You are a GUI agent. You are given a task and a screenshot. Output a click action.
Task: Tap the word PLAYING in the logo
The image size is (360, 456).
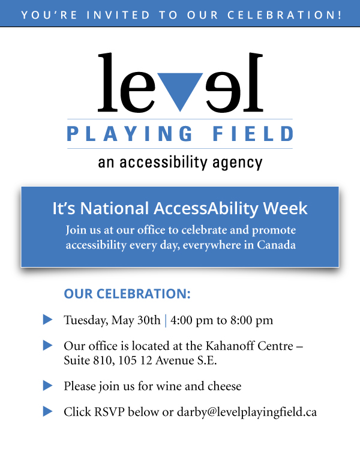point(130,134)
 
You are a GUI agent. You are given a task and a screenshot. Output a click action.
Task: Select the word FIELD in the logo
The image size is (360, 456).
point(253,134)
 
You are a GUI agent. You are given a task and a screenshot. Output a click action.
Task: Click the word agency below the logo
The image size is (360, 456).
point(237,163)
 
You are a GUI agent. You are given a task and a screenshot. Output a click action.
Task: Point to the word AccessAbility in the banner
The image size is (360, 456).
point(206,209)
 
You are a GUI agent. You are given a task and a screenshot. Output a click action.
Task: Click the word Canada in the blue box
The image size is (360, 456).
point(276,245)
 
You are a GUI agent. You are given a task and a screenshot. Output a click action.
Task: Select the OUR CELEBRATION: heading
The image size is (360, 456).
point(127,294)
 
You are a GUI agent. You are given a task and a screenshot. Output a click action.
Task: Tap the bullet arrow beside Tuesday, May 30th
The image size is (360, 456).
point(47,319)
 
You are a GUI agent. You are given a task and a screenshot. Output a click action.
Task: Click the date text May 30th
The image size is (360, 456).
point(136,320)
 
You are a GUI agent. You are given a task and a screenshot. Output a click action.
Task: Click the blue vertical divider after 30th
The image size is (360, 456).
point(166,320)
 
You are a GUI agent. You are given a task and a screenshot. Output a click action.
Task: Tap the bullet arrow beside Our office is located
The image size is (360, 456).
point(47,345)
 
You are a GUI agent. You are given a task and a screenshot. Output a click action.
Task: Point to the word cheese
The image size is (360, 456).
point(224,386)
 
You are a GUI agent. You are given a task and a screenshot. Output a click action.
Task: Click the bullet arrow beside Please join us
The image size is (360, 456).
point(47,385)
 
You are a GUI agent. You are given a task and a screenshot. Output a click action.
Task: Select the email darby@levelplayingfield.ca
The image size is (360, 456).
point(247,412)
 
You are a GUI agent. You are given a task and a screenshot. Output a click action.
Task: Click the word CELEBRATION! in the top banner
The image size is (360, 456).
point(284,15)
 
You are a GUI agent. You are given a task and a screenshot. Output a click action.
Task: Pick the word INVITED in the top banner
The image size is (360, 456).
point(118,15)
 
